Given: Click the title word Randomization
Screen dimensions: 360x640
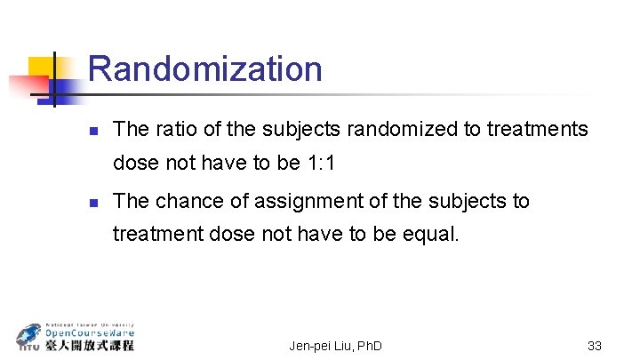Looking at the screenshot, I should tap(205, 68).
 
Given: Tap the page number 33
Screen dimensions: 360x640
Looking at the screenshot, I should tap(595, 345).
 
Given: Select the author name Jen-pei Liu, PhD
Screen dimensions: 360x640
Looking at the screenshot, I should tap(335, 345).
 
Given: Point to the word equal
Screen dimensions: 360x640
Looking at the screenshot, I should tap(430, 236).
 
